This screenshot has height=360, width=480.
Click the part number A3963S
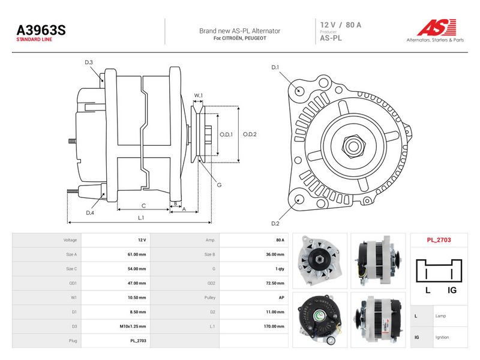(41, 31)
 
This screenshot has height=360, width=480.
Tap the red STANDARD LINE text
(34, 40)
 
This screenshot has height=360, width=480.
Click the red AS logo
(437, 27)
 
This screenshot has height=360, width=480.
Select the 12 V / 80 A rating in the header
(341, 25)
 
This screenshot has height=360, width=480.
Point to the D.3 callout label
(88, 62)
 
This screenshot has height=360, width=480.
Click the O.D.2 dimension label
(250, 134)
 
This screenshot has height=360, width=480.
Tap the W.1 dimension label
(199, 95)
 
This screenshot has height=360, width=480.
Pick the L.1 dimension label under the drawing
(141, 218)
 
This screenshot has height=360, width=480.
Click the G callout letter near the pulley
(219, 185)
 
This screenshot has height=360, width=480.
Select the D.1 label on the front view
(275, 67)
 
